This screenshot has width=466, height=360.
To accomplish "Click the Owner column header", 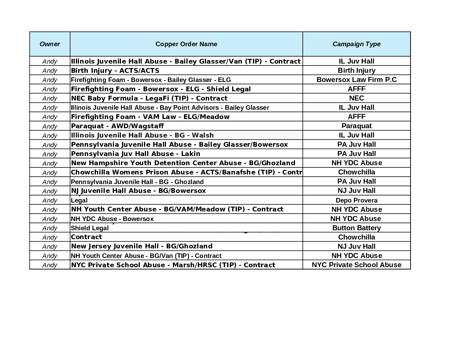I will (x=50, y=44).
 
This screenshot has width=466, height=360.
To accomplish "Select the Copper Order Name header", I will (x=186, y=44).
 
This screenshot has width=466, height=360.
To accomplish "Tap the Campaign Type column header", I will (x=356, y=44).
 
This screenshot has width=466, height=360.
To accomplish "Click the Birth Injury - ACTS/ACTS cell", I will (x=115, y=70).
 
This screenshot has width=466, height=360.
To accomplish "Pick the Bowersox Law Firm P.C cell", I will (x=356, y=80).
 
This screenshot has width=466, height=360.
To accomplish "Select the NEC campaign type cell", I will (x=356, y=98).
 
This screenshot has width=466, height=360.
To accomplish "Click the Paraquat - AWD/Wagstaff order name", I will (x=117, y=126).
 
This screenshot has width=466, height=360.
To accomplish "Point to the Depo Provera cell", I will (x=356, y=200).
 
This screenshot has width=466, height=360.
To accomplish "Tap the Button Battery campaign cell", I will (x=356, y=228).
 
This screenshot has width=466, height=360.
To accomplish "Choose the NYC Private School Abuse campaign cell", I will (x=356, y=265).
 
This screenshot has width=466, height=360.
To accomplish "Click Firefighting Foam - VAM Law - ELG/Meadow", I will (x=150, y=117).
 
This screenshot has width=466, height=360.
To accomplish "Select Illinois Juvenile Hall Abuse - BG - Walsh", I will (x=142, y=135).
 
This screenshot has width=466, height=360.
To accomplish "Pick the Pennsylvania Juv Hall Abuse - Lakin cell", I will (x=136, y=154).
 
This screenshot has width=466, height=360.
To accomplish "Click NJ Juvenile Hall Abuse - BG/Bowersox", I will (x=138, y=191).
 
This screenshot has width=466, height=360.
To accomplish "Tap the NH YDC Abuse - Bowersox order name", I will (x=112, y=219).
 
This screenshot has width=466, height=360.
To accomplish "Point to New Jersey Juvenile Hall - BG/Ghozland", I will (x=142, y=246).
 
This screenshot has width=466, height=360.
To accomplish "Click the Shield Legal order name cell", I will (x=90, y=228).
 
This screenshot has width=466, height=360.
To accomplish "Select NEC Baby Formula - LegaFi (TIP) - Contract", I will (x=149, y=98).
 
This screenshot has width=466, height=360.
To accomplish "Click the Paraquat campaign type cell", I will (x=356, y=126).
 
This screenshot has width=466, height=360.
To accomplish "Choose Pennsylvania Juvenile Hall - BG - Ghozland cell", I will (x=137, y=182).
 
